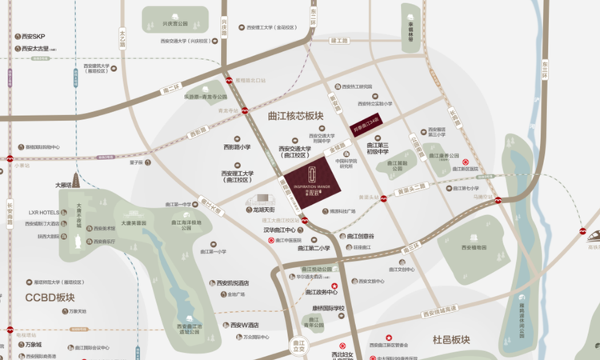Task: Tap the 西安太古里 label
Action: click(33, 50)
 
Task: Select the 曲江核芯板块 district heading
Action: click(295, 116)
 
